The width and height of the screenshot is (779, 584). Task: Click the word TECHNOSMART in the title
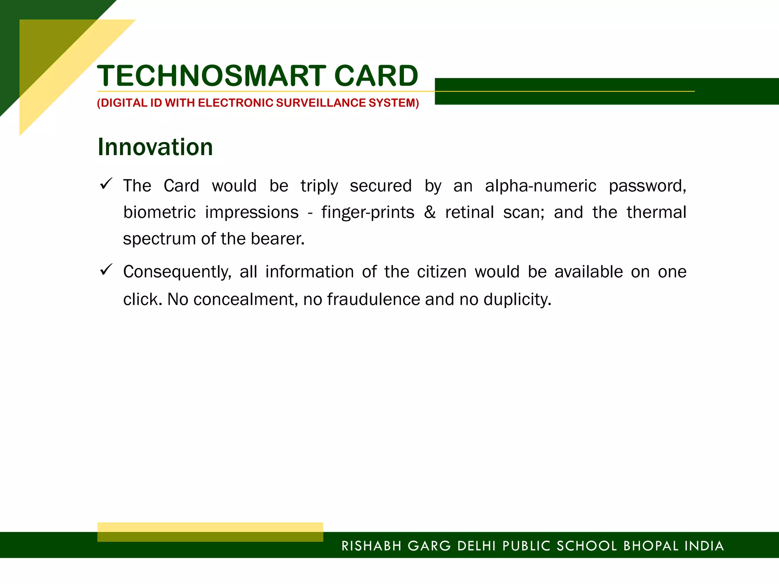point(211,76)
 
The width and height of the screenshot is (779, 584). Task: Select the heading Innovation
point(155,147)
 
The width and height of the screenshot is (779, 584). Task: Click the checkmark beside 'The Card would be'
point(105,184)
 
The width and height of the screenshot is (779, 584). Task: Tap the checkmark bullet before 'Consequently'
point(105,270)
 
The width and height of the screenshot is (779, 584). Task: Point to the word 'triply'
point(319,186)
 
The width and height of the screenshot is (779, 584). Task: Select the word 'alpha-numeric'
point(541,186)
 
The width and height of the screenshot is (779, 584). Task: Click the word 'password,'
point(647,186)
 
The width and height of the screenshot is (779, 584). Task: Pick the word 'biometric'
point(159,212)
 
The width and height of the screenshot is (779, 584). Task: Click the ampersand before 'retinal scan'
point(430,212)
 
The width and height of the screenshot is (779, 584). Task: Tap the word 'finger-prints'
point(367,213)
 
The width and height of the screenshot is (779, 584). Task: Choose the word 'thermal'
point(657,212)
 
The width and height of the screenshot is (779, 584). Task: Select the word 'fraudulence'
point(374,299)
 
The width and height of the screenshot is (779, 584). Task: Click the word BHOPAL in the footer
point(651,546)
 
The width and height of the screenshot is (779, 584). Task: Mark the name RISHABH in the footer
point(372,546)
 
